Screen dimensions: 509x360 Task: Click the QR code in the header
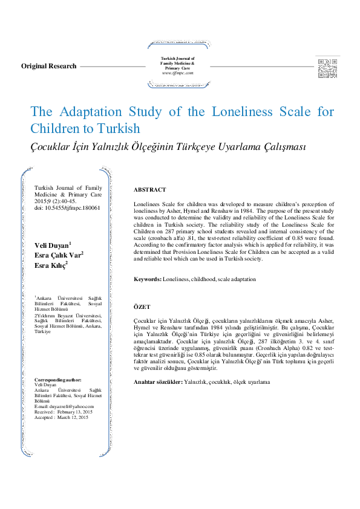[x=327, y=66]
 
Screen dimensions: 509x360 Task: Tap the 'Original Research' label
[x=49, y=66]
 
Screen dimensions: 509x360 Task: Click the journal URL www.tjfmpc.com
[x=177, y=73]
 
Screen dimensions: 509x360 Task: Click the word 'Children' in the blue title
[x=54, y=129]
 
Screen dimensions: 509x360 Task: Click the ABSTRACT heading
[x=149, y=190]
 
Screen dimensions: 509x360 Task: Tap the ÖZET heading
[x=142, y=307]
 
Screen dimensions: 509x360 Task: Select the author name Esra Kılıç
[x=50, y=265]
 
